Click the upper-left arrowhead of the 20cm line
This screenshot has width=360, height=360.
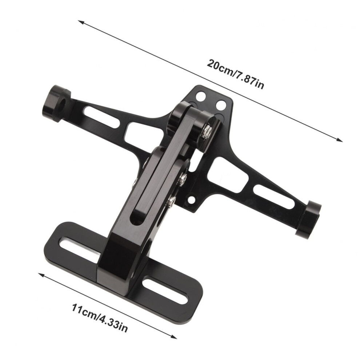pyautogui.click(x=81, y=22)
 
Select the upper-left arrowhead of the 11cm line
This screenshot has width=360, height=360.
pyautogui.click(x=41, y=275)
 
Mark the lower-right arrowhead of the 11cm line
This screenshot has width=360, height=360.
pyautogui.click(x=174, y=336)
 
